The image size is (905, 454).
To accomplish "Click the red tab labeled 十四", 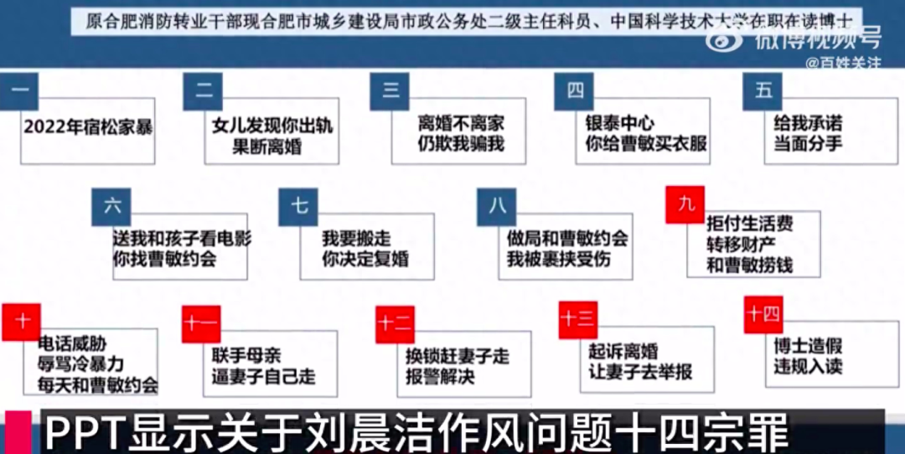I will (x=763, y=314).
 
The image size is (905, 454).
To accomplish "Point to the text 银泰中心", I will (x=620, y=122).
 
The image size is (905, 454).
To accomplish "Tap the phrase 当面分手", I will (x=808, y=143).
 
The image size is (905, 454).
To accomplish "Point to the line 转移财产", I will (x=737, y=245).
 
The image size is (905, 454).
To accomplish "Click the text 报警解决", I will (x=441, y=377).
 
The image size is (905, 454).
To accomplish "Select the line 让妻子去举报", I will (x=640, y=372).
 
